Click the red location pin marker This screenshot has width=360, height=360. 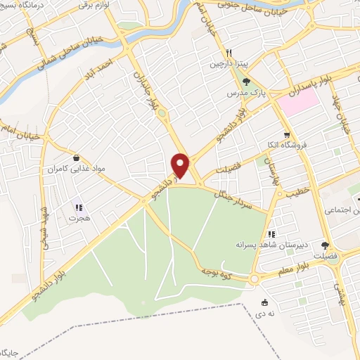pos(181,165)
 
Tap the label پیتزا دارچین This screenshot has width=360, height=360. pos(227,64)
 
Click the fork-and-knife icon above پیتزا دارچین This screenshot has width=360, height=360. pos(229,53)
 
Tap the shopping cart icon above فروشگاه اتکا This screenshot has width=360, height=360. pos(285,135)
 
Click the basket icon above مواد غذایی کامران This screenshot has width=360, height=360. pos(75,158)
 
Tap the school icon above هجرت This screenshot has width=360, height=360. pos(79,207)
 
